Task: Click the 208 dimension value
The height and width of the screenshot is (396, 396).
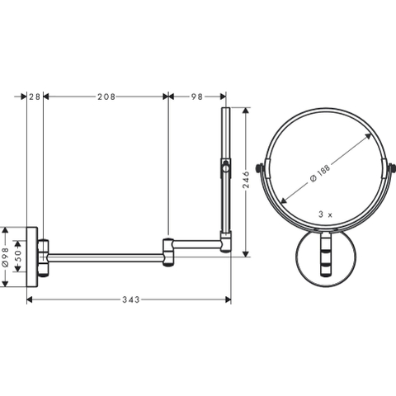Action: click(106, 97)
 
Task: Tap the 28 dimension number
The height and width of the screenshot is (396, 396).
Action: click(35, 97)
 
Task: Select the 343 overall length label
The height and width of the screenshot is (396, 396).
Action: click(131, 299)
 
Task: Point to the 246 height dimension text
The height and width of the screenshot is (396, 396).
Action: click(246, 180)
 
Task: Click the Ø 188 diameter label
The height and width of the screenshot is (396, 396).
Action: click(320, 172)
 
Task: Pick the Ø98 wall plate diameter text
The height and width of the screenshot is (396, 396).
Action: click(6, 257)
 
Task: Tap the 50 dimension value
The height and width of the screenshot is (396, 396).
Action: click(17, 256)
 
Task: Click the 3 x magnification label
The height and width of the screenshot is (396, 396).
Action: click(326, 214)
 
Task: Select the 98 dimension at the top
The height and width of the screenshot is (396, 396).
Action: click(197, 97)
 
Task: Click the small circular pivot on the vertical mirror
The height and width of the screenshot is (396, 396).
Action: click(226, 168)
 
